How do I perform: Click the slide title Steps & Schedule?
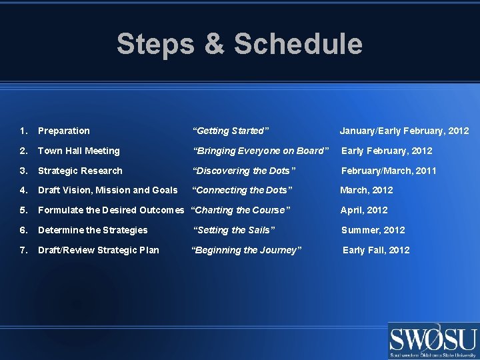pyautogui.click(x=239, y=44)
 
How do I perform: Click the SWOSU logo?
pyautogui.click(x=433, y=341)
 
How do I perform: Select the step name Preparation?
pyautogui.click(x=64, y=131)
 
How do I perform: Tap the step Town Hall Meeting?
pyautogui.click(x=79, y=151)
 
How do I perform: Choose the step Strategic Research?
pyautogui.click(x=80, y=171)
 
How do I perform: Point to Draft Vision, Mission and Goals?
pyautogui.click(x=107, y=190)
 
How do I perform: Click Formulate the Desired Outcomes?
pyautogui.click(x=111, y=210)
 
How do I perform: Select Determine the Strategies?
pyautogui.click(x=93, y=230)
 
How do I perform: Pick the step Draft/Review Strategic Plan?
pyautogui.click(x=98, y=250)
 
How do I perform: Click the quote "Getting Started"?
pyautogui.click(x=231, y=131)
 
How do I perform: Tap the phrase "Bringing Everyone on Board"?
pyautogui.click(x=261, y=151)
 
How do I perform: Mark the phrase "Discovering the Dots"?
pyautogui.click(x=244, y=171)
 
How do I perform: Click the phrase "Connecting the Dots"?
pyautogui.click(x=242, y=190)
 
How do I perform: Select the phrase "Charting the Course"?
pyautogui.click(x=241, y=210)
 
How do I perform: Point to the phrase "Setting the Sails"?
pyautogui.click(x=234, y=230)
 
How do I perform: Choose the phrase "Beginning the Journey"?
pyautogui.click(x=247, y=250)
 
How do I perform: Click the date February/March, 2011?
pyautogui.click(x=389, y=171)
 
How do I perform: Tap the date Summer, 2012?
pyautogui.click(x=373, y=230)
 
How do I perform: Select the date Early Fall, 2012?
pyautogui.click(x=376, y=250)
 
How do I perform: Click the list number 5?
pyautogui.click(x=23, y=210)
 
